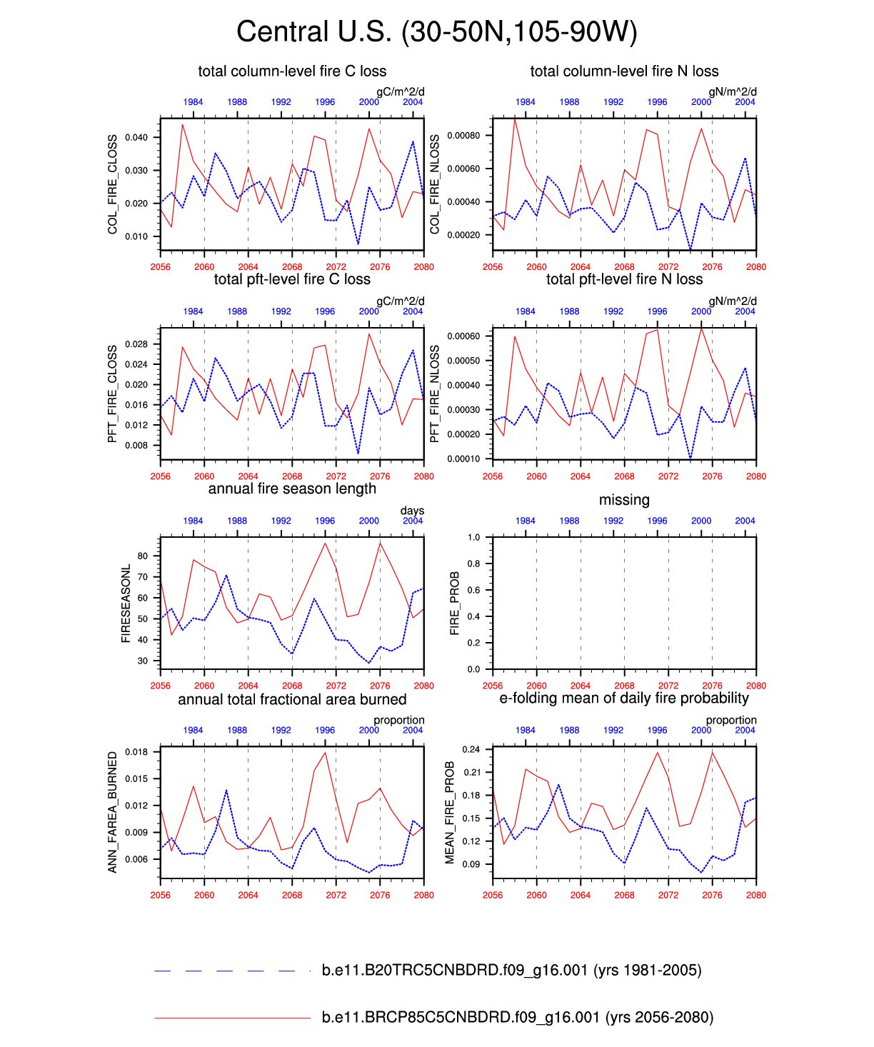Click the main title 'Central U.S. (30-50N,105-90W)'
tap(436, 32)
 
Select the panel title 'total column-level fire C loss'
tap(292, 71)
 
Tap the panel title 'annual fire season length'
tap(292, 489)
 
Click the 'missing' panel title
tap(624, 500)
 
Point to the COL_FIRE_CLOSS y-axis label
tap(113, 184)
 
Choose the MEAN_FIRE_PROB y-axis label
tap(450, 813)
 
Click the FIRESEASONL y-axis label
tap(126, 603)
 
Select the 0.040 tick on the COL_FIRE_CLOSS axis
tap(136, 137)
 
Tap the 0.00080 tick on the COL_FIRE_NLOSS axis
tap(464, 136)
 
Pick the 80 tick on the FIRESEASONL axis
tap(143, 556)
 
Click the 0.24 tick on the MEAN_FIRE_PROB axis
tap(472, 750)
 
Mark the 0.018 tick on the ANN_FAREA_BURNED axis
tap(136, 752)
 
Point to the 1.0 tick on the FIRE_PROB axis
tap(473, 537)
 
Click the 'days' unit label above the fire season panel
tap(412, 511)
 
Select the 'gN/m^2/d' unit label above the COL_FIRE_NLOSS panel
tap(732, 91)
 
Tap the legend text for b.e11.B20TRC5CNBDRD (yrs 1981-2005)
tap(511, 971)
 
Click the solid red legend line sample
tap(232, 1018)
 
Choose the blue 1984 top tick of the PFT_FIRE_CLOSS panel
tap(193, 311)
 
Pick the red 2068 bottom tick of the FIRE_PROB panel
tap(624, 686)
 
